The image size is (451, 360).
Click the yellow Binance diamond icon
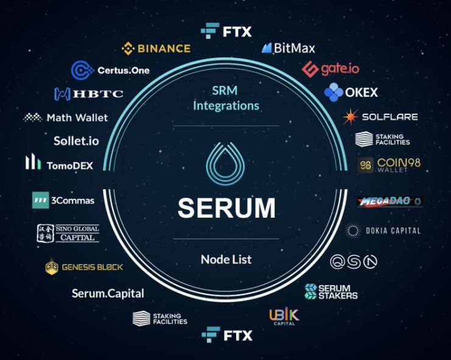pos(128,48)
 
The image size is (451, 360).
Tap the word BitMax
pos(295,48)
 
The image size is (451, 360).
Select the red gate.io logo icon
pos(310,69)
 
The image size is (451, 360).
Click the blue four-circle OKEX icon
pos(334,92)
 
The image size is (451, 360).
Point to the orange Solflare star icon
pos(351,117)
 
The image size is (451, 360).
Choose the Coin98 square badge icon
pos(366,165)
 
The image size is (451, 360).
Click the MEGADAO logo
pos(390,201)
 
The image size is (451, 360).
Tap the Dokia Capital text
pos(393,230)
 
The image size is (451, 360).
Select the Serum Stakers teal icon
pos(310,291)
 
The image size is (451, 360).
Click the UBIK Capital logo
pos(284,316)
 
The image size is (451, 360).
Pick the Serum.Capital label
pos(108,293)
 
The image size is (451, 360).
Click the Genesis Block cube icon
pos(52,266)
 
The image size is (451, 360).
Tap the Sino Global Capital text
pos(77,233)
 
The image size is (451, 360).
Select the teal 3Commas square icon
pos(41,200)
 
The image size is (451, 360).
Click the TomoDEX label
pos(70,165)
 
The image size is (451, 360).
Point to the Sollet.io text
pos(76,141)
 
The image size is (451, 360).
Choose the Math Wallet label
pos(77,117)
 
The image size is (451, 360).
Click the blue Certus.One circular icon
pos(82,70)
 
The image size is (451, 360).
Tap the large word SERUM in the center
pos(226,207)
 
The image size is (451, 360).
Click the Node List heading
pos(226,260)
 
